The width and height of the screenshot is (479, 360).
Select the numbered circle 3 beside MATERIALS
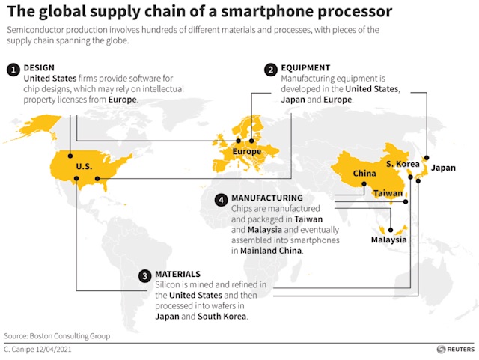144,275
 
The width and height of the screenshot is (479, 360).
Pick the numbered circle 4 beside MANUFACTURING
221,199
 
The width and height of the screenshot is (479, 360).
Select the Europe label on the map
247,152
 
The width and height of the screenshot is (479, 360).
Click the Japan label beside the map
443,168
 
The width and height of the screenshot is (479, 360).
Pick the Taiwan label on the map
388,192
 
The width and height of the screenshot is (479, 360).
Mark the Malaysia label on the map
389,240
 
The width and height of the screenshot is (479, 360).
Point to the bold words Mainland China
272,251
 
